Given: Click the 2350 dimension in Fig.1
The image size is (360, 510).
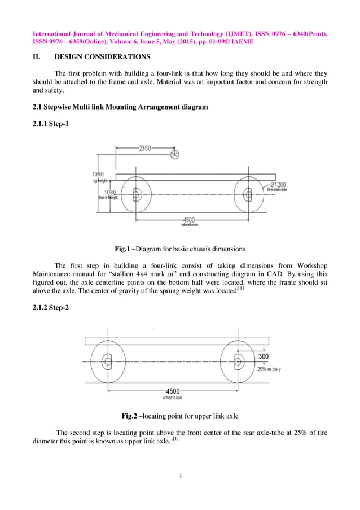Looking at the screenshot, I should pos(146,148).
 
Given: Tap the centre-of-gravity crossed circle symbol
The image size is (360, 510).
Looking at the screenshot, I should pos(175,154).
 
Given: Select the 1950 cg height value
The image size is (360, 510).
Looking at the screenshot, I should pos(98,175).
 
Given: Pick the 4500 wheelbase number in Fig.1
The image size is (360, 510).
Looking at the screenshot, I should pos(189,219).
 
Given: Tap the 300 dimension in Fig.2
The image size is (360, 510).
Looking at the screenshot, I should pos(264,356).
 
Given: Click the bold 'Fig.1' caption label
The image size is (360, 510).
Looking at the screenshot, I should pos(122,249).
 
